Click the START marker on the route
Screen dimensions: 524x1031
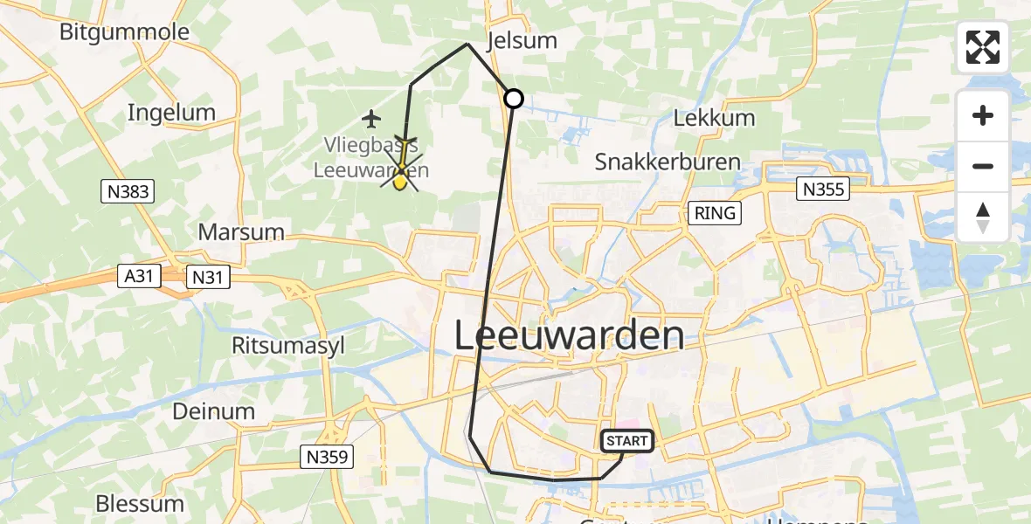pos(626,441)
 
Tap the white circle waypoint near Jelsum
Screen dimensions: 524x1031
pos(514,99)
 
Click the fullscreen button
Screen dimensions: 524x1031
pos(983,47)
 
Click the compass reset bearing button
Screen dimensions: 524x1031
pos(983,217)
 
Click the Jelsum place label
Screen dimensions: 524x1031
pos(522,41)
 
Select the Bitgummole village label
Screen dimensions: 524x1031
pos(124,32)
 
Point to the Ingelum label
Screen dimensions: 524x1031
pos(171,112)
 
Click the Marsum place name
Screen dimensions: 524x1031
pos(241,232)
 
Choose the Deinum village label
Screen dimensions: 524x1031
pos(214,410)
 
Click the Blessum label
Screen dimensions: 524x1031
pos(140,504)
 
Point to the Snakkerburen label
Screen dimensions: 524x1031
pos(668,162)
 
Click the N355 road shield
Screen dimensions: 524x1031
pos(824,188)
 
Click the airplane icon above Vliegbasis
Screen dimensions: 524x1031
pos(372,117)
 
